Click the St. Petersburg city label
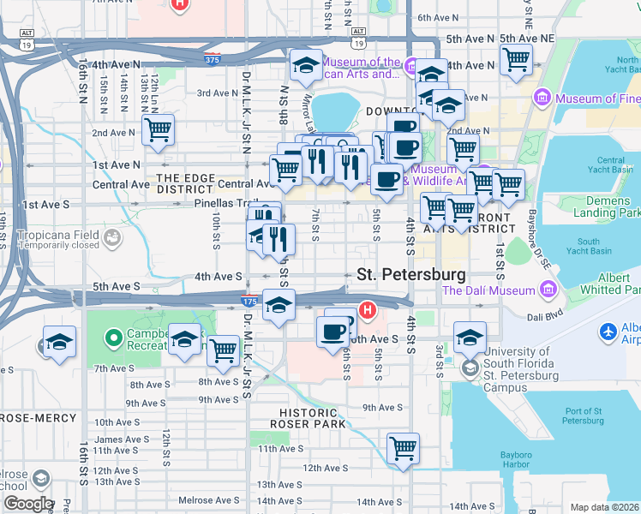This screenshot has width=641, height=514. click(411, 275)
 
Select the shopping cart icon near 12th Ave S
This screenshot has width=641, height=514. click(403, 448)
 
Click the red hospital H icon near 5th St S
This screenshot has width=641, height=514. click(368, 309)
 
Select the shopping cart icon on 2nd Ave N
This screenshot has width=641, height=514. click(159, 130)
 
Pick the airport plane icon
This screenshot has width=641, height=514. click(609, 331)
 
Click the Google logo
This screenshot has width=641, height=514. click(27, 504)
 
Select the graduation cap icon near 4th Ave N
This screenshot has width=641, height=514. click(306, 65)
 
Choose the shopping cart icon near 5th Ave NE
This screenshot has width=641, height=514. click(516, 59)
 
